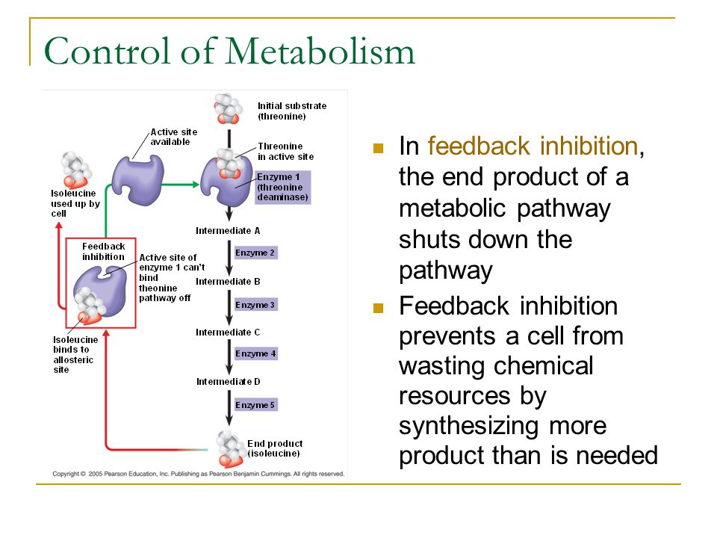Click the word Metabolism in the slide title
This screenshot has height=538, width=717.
(320, 51)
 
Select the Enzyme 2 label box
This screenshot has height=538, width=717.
(255, 253)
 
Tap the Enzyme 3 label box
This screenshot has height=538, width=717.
(255, 305)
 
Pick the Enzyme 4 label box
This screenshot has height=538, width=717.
(255, 353)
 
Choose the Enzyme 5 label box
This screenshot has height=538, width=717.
(255, 405)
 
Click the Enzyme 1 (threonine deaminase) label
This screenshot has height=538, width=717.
(282, 187)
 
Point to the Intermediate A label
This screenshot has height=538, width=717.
(228, 231)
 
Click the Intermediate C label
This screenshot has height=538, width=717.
(228, 332)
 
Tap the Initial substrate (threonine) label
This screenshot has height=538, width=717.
(292, 111)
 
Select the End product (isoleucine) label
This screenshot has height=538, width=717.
(275, 448)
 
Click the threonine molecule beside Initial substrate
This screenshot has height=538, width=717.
(229, 109)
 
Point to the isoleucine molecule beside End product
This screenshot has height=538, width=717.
(231, 449)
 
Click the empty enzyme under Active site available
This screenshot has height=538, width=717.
(138, 180)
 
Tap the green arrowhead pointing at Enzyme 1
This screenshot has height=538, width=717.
(196, 185)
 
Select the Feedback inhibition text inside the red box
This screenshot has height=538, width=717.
(103, 252)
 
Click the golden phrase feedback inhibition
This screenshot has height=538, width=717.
(533, 146)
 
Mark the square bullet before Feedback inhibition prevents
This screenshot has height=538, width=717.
(378, 308)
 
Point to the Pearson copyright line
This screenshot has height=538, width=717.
(199, 474)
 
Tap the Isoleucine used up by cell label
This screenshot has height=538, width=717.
(75, 203)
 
